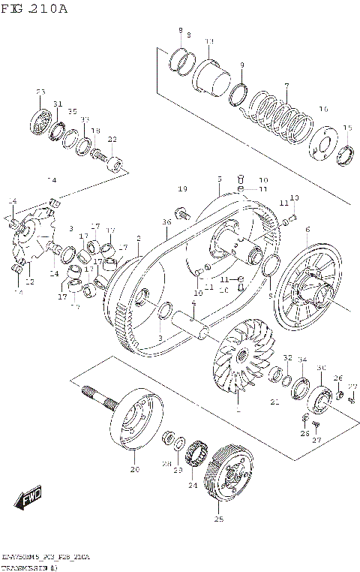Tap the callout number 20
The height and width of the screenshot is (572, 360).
pos(135,470)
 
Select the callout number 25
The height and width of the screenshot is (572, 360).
pos(219,519)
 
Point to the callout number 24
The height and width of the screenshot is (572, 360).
pos(192,486)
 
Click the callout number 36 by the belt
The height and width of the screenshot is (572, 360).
pos(166,222)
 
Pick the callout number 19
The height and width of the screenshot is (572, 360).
pos(182,188)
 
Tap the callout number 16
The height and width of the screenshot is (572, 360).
pos(323,110)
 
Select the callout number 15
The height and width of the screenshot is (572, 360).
pos(347,128)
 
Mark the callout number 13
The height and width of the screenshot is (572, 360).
pos(209,41)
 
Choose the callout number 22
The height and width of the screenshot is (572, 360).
pos(112,139)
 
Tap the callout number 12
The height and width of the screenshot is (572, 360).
pos(30,282)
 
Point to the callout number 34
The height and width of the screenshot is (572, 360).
pos(302,360)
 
